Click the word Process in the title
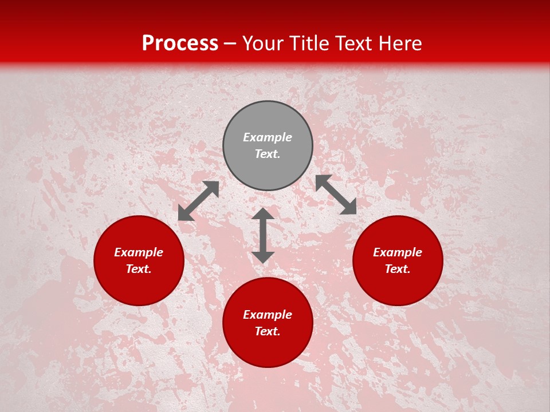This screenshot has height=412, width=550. click(180, 43)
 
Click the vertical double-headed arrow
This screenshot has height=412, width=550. click(263, 235)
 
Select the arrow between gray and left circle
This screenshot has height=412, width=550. click(198, 201)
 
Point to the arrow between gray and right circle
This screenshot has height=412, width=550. click(336, 195)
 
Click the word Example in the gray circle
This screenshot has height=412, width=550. click(268, 137)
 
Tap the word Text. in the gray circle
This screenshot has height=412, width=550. click(268, 154)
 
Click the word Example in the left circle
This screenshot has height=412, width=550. click(139, 252)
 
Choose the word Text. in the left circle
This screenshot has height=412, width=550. click(139, 269)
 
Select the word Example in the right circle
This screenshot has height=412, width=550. click(398, 252)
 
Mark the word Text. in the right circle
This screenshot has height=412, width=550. click(398, 269)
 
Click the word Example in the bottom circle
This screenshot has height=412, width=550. click(268, 315)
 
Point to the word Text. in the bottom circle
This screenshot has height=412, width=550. click(268, 331)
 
